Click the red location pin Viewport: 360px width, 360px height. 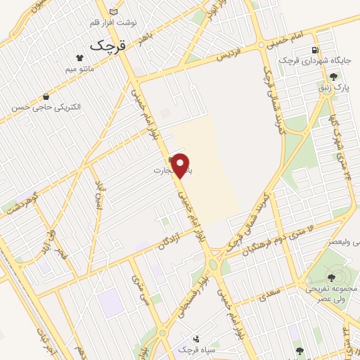(181, 165)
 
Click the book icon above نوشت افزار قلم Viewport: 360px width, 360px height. (114, 11)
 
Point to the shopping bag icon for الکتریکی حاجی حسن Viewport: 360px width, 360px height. (46, 97)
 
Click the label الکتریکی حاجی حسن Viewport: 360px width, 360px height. (46, 108)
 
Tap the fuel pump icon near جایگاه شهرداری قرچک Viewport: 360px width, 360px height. (314, 50)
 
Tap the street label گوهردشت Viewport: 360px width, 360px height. (22, 198)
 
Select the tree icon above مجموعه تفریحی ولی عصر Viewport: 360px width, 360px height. (331, 278)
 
